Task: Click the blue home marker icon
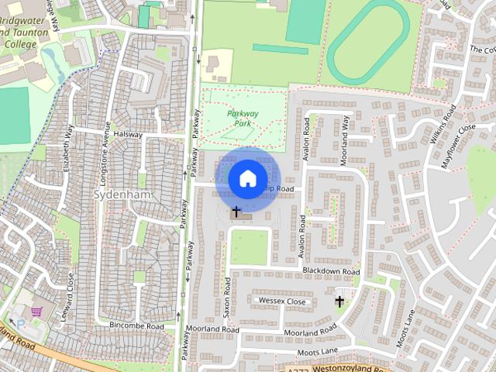coord(247,178)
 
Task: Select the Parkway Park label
coord(242,118)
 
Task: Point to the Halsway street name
coord(128,134)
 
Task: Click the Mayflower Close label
coord(457,139)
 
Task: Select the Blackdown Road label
coord(331,271)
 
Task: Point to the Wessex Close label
coord(283,301)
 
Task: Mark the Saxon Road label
coord(228,296)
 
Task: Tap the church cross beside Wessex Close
coord(339,301)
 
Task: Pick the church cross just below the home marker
coord(236,211)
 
